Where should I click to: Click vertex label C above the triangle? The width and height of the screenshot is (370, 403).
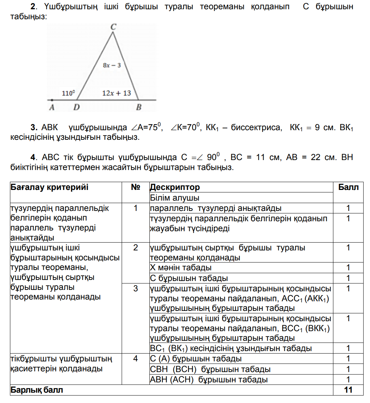click(113, 26)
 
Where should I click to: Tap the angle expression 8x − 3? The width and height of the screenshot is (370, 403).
click(112, 65)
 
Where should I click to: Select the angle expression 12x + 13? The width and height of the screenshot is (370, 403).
click(116, 93)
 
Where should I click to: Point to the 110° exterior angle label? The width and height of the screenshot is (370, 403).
click(68, 93)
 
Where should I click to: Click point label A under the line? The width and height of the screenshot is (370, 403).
click(52, 107)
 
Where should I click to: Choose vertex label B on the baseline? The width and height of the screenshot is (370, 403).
click(139, 107)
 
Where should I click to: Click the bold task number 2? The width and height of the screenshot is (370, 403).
click(33, 7)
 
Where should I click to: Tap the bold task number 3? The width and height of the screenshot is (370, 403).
click(34, 127)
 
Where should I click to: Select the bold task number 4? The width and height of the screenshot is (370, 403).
click(34, 157)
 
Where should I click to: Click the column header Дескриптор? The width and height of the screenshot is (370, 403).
click(175, 187)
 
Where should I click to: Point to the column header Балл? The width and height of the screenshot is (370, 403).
click(348, 187)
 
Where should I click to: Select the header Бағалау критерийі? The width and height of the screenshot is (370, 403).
click(49, 187)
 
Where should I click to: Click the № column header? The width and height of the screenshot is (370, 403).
click(136, 187)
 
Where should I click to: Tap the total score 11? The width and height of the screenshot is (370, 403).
click(348, 390)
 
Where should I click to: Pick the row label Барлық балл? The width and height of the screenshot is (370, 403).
click(37, 390)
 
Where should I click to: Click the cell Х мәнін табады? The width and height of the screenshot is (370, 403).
click(181, 267)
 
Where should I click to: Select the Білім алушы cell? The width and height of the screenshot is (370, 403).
click(174, 198)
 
